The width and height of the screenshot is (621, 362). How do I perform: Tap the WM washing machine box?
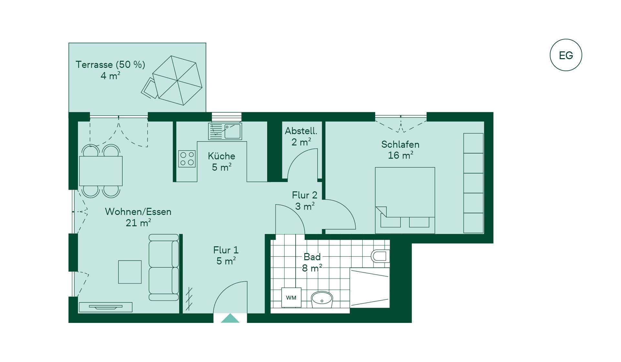pyautogui.click(x=291, y=297)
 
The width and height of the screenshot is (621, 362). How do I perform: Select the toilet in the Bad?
pyautogui.click(x=380, y=256)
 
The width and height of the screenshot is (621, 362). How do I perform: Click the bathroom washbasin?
pyautogui.click(x=322, y=300)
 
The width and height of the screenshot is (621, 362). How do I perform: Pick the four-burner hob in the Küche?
pyautogui.click(x=187, y=159)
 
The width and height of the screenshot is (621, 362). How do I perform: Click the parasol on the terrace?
pyautogui.click(x=177, y=80)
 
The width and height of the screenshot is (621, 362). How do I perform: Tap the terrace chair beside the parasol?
pyautogui.click(x=149, y=88)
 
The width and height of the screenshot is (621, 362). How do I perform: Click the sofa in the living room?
pyautogui.click(x=164, y=267)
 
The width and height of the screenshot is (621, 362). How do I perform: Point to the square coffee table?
pyautogui.click(x=130, y=272)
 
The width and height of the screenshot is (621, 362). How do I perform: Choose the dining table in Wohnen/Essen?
pyautogui.click(x=101, y=171)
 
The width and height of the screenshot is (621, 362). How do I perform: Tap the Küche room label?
pyautogui.click(x=222, y=156)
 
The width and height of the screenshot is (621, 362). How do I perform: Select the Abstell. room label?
pyautogui.click(x=301, y=131)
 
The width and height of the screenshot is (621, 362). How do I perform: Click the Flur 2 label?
pyautogui.click(x=305, y=195)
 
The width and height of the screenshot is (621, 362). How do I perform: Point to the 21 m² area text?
pyautogui.click(x=138, y=223)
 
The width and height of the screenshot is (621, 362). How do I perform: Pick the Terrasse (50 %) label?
pyautogui.click(x=110, y=65)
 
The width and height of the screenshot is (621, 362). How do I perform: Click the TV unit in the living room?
pyautogui.click(x=105, y=307)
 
